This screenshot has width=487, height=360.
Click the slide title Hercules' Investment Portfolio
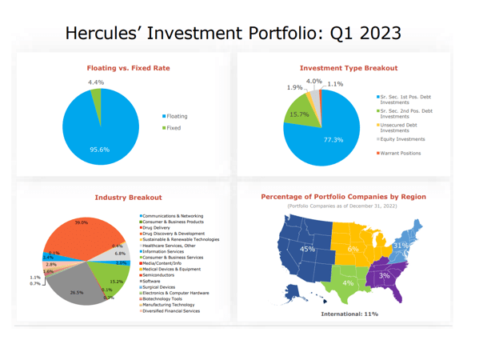click(233, 34)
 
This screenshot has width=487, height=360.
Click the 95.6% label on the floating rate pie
click(99, 150)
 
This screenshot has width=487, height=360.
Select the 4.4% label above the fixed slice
click(96, 82)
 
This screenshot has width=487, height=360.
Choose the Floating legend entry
click(177, 116)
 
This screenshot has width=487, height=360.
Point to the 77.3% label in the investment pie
click(333, 139)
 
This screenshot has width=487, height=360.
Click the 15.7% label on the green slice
click(299, 114)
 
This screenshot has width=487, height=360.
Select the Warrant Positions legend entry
click(401, 153)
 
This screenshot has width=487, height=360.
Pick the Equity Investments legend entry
click(402, 139)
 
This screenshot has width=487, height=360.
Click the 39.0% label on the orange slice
click(82, 222)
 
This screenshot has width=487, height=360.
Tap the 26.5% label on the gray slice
click(77, 293)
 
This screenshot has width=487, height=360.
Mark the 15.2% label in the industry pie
click(116, 282)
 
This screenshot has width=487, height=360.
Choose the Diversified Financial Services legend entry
click(172, 310)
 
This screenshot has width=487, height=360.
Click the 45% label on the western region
click(307, 250)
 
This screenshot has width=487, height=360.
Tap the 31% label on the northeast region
click(401, 245)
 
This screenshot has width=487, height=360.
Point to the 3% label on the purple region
click(385, 276)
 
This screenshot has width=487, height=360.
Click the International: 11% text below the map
click(349, 314)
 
